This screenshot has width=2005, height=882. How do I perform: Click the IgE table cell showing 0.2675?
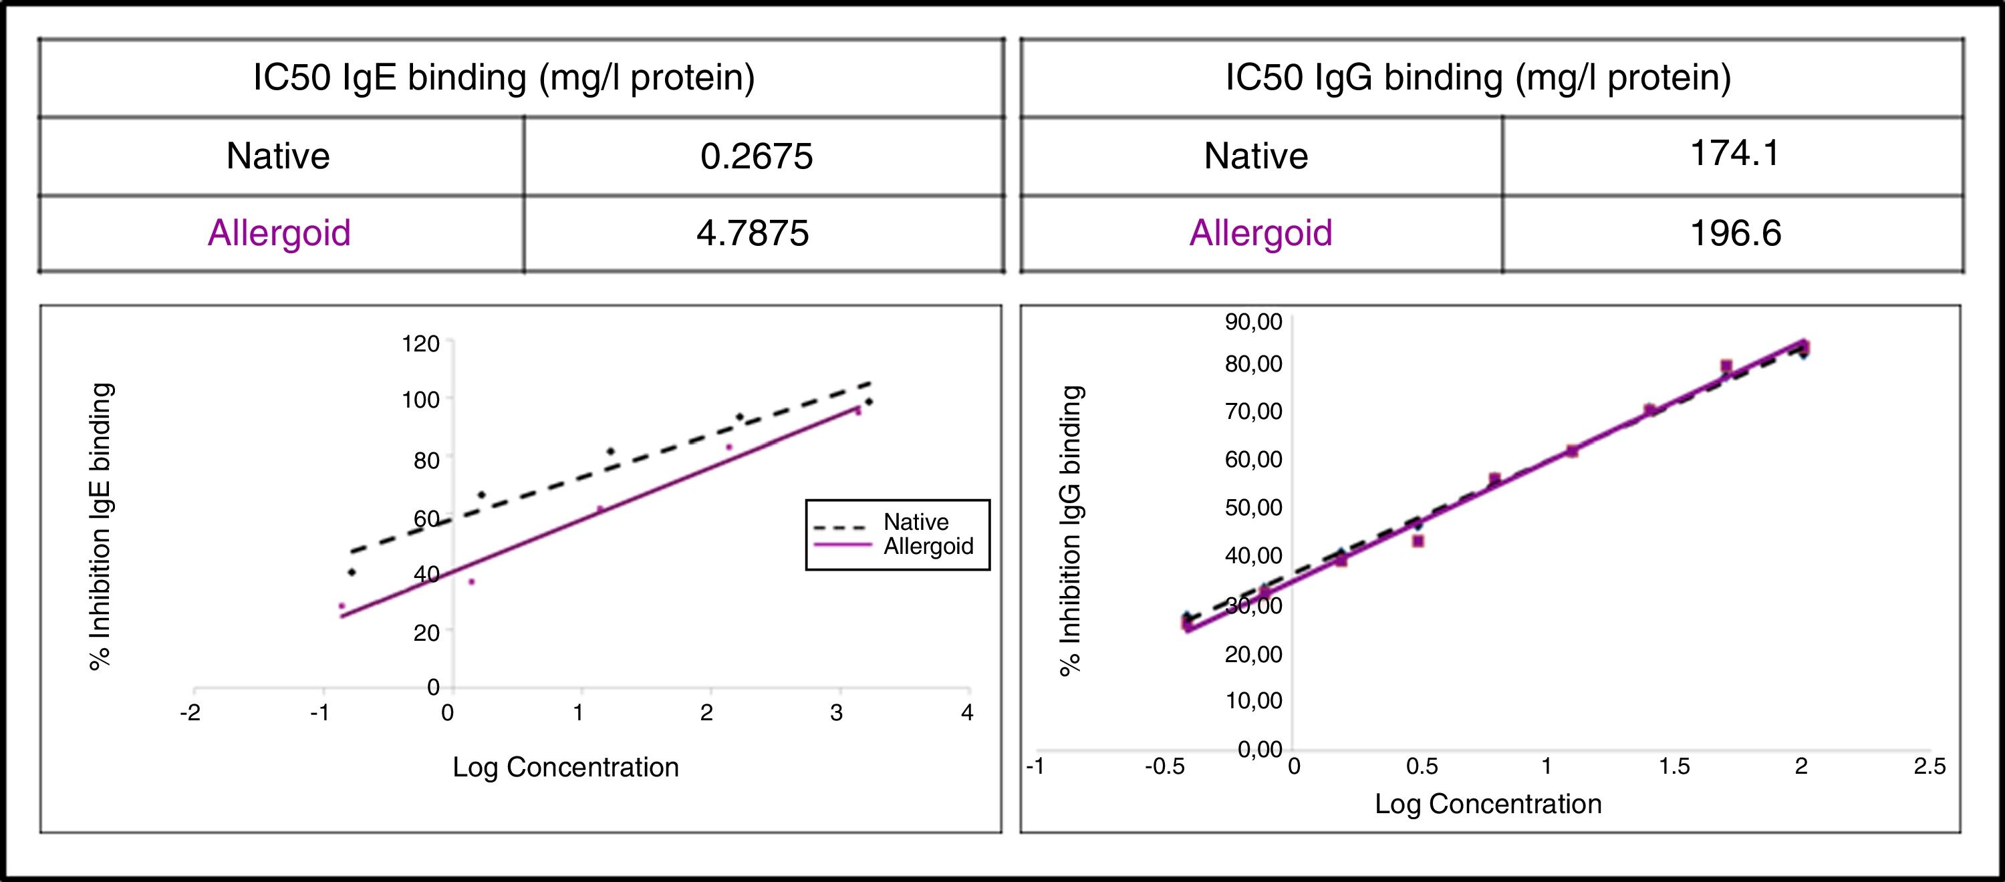click(x=757, y=156)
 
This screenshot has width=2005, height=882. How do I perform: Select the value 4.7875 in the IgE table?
click(x=753, y=233)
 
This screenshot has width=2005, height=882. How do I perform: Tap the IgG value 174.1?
click(x=1735, y=154)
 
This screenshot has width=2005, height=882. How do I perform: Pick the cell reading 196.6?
click(x=1736, y=233)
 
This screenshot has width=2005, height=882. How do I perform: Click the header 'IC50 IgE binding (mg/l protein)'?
click(x=503, y=78)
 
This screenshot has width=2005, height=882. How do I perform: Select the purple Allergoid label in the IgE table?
click(x=279, y=233)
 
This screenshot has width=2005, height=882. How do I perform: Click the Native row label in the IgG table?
click(x=1255, y=156)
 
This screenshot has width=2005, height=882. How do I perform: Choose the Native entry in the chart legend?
click(x=916, y=522)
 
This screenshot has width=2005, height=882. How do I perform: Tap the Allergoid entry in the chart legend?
click(x=928, y=546)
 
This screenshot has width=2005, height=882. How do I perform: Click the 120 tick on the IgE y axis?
click(x=421, y=343)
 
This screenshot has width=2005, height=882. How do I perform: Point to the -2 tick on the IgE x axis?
click(x=190, y=713)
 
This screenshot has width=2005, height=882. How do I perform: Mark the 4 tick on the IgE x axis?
click(x=966, y=713)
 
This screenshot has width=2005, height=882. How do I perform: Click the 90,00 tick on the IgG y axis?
click(x=1253, y=321)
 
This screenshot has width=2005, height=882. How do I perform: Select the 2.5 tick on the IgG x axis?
click(x=1929, y=767)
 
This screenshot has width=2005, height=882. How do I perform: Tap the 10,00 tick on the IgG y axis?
click(x=1253, y=701)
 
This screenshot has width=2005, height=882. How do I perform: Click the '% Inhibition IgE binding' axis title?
click(x=101, y=527)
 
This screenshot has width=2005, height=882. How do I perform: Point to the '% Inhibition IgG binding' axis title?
click(x=1072, y=531)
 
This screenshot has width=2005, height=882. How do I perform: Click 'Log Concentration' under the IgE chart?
click(x=566, y=768)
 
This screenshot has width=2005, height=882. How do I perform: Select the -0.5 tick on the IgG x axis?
click(x=1164, y=767)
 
